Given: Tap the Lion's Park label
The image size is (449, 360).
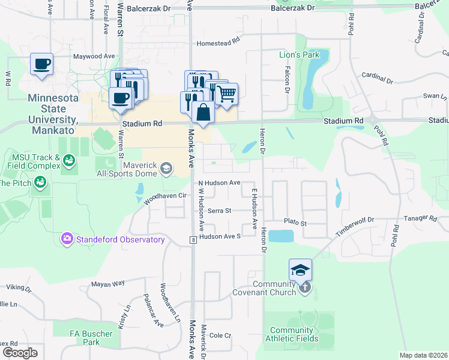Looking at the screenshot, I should (x=300, y=55).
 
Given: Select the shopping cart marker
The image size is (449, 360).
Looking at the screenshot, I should (x=226, y=94).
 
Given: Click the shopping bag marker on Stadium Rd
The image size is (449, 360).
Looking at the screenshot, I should (x=203, y=112).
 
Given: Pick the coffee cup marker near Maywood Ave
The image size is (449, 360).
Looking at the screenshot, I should (x=41, y=64).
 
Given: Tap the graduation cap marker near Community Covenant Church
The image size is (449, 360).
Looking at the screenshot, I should (x=300, y=269).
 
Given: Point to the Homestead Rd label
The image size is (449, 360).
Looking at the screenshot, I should (x=218, y=43).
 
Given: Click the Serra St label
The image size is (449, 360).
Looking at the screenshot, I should (x=219, y=211).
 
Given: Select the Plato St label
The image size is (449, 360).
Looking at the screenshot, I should (x=295, y=223).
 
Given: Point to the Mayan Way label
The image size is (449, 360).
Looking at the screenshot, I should (x=108, y=283).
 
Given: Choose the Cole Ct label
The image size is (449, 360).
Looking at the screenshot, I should (x=220, y=335).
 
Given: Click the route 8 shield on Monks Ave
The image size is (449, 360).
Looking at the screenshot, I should (x=193, y=240).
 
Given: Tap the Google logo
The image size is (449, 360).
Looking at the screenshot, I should (x=20, y=352).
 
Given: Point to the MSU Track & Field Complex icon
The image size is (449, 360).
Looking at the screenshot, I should (x=70, y=160).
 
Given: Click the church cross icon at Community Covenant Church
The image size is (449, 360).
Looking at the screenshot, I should (x=305, y=287).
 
